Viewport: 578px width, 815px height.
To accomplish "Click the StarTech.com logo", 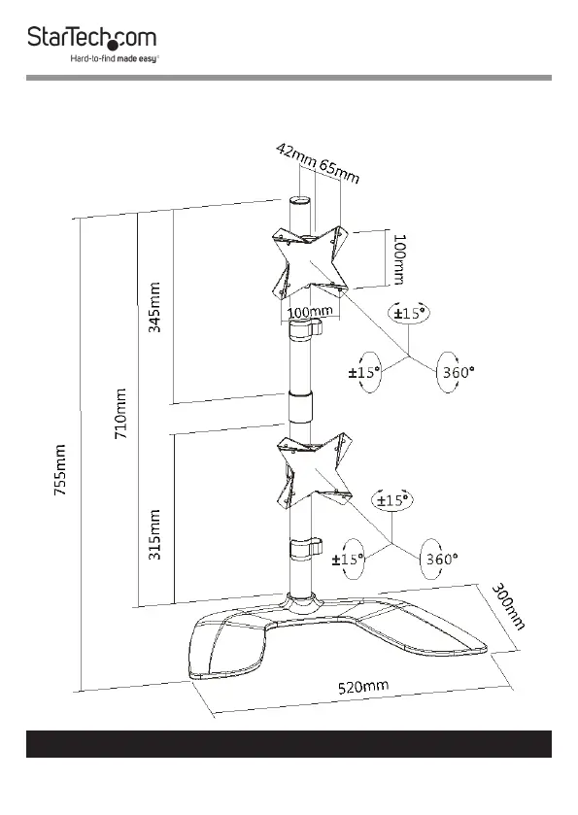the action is coord(92,38).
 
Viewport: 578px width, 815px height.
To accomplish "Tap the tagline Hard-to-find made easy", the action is coord(115,58).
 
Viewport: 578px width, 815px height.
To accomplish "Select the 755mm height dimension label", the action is coord(60,469).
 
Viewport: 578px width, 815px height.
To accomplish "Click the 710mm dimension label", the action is coord(120,413).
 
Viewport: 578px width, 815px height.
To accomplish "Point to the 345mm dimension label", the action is coord(154,307).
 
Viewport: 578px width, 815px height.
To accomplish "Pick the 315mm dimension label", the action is coord(154,534).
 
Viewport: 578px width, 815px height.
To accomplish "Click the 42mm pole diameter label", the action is coord(295,154).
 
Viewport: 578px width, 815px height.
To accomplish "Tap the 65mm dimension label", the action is coord(339,173).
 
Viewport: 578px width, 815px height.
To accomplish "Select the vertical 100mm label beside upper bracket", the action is coord(398,259).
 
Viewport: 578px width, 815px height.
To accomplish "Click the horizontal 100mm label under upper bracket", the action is coord(310,312).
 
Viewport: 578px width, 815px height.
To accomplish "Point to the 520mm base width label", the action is coord(362,687).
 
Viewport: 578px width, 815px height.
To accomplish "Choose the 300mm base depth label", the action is coord(508,606).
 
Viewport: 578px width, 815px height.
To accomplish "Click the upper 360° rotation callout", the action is coord(458,372).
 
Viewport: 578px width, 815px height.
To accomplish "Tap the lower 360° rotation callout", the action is coord(442,559).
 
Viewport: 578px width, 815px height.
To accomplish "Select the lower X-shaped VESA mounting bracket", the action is coord(314,470).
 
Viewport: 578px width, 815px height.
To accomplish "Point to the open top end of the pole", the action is coord(299,200).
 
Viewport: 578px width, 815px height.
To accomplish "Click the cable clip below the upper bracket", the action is coord(306,330).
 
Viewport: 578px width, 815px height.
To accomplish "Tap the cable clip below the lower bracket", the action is coord(306,550).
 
